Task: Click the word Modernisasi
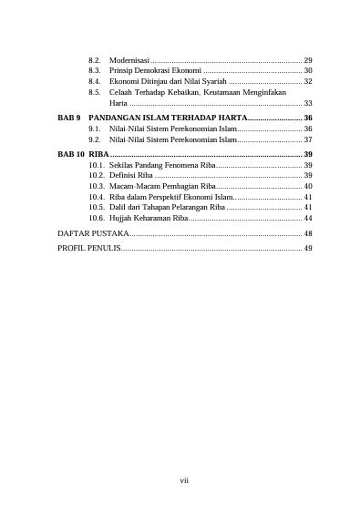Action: (x=129, y=58)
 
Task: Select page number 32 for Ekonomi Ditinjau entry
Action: (x=308, y=81)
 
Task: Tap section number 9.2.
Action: (x=94, y=140)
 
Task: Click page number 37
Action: (x=308, y=140)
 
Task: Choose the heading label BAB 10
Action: (x=71, y=156)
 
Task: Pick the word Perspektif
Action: (x=170, y=197)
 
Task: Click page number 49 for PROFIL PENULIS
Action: (x=308, y=248)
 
